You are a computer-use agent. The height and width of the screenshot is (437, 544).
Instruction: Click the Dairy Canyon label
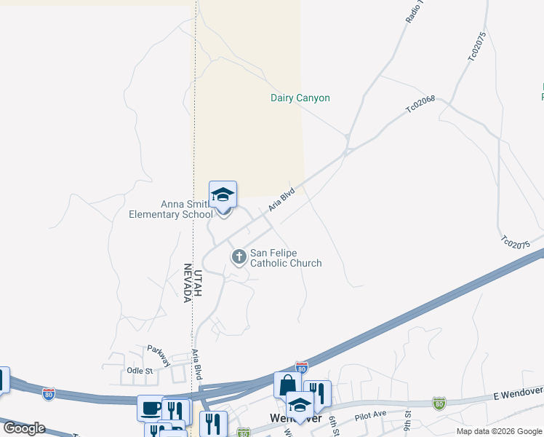click(300, 98)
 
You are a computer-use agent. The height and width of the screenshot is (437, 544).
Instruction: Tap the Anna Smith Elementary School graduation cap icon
click(223, 195)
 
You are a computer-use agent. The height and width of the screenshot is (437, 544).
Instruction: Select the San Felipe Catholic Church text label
click(286, 258)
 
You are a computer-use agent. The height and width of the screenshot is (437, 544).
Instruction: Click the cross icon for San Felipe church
click(239, 256)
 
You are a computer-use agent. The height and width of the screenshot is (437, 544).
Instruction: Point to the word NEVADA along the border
click(188, 283)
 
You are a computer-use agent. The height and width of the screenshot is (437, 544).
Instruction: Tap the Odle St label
click(139, 371)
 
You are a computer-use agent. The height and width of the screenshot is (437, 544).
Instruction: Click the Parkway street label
click(159, 354)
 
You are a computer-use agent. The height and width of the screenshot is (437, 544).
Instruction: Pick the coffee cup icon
click(151, 409)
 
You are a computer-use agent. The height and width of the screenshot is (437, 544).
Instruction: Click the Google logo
click(24, 428)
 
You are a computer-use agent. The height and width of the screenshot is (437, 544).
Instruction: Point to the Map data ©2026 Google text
click(499, 431)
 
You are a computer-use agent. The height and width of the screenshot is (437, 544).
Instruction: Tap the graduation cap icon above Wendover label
click(298, 405)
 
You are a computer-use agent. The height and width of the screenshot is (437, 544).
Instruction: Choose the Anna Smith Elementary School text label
click(171, 209)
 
